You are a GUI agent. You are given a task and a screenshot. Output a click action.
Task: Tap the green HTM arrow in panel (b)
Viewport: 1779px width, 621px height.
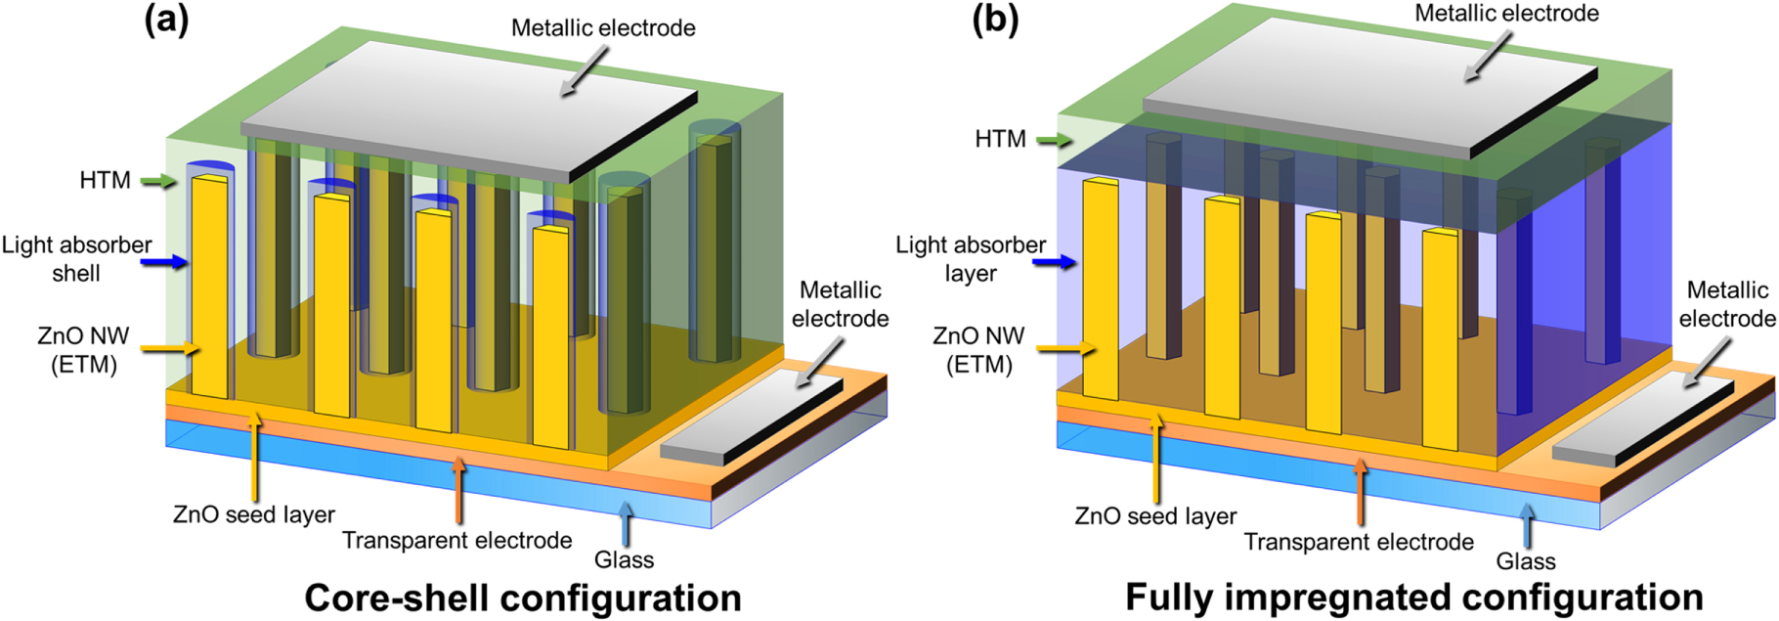coord(1054,140)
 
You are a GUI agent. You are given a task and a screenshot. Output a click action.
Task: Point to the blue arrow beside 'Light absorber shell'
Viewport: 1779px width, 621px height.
coord(163,261)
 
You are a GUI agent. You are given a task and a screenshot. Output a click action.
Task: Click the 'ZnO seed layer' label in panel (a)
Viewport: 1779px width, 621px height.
coord(254,514)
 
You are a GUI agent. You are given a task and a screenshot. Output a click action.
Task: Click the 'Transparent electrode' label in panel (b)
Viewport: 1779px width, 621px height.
coord(1359,542)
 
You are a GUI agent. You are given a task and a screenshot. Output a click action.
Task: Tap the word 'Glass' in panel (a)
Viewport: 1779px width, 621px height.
coord(624,559)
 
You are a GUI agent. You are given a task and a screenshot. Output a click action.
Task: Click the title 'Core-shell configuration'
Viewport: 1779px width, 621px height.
coord(523,598)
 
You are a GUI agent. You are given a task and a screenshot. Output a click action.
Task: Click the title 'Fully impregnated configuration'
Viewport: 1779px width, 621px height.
coord(1413,598)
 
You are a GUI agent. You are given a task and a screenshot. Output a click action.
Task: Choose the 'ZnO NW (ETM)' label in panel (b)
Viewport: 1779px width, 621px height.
coord(978,350)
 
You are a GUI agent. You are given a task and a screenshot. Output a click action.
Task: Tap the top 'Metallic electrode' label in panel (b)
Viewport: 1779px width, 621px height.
coord(1506,14)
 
